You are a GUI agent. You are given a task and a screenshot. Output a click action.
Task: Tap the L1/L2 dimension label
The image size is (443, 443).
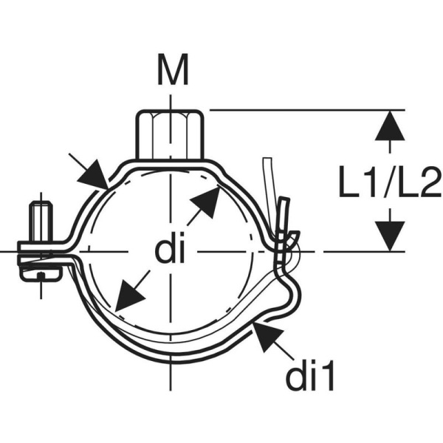[389, 183]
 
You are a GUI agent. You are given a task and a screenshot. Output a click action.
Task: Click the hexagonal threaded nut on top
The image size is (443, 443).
[170, 133]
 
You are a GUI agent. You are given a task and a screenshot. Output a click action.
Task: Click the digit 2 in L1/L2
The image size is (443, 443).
[426, 183]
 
